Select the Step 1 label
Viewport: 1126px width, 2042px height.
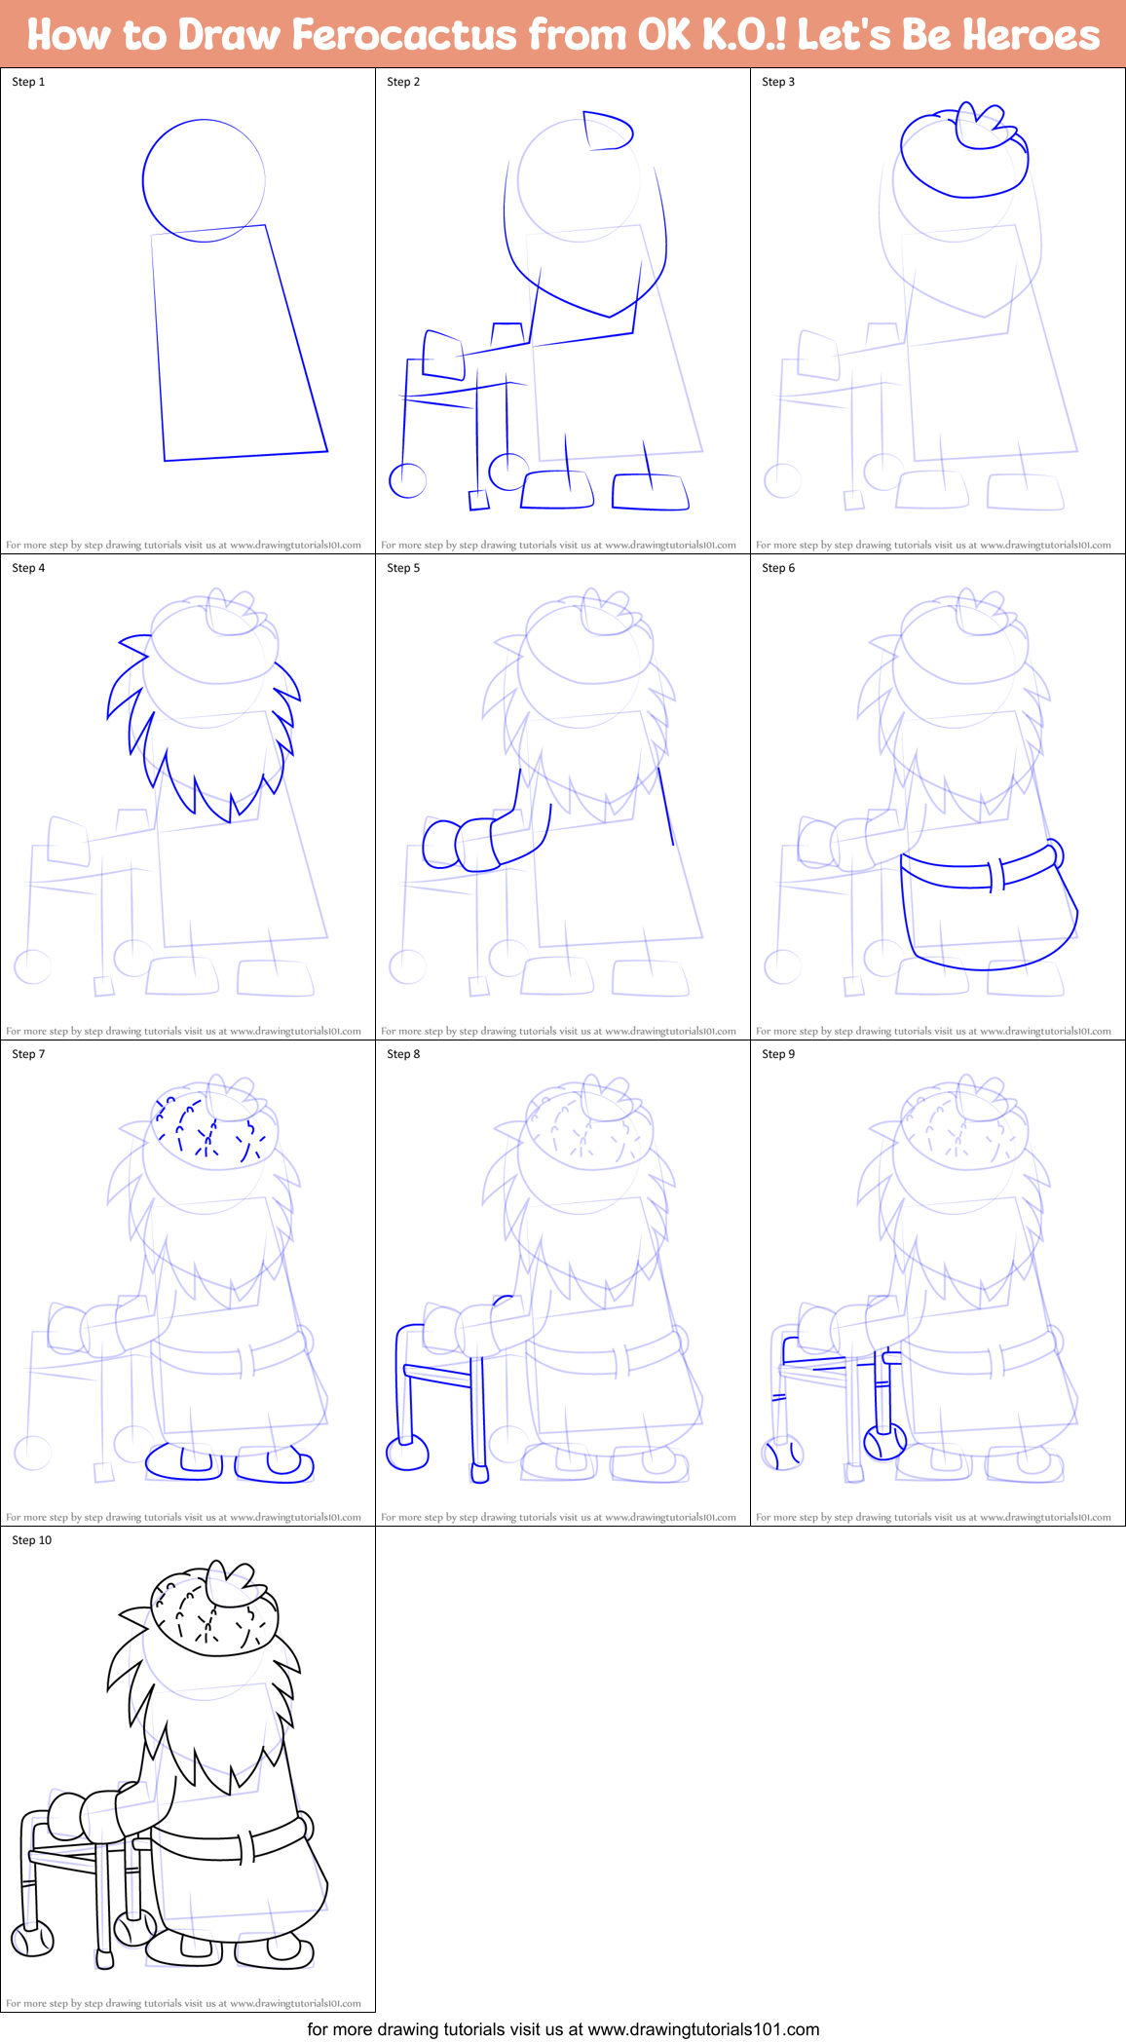(x=28, y=82)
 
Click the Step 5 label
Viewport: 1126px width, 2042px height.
(x=403, y=568)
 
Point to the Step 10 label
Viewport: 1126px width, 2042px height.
(x=31, y=1540)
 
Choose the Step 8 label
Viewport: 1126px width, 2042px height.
(x=403, y=1054)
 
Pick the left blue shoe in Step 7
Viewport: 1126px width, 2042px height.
(x=184, y=1462)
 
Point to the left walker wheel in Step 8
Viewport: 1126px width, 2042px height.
(x=407, y=1453)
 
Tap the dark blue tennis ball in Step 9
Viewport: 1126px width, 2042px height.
(x=885, y=1440)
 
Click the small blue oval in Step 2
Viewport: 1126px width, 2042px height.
(x=607, y=132)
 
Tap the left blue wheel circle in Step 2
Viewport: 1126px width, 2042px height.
(x=408, y=480)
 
